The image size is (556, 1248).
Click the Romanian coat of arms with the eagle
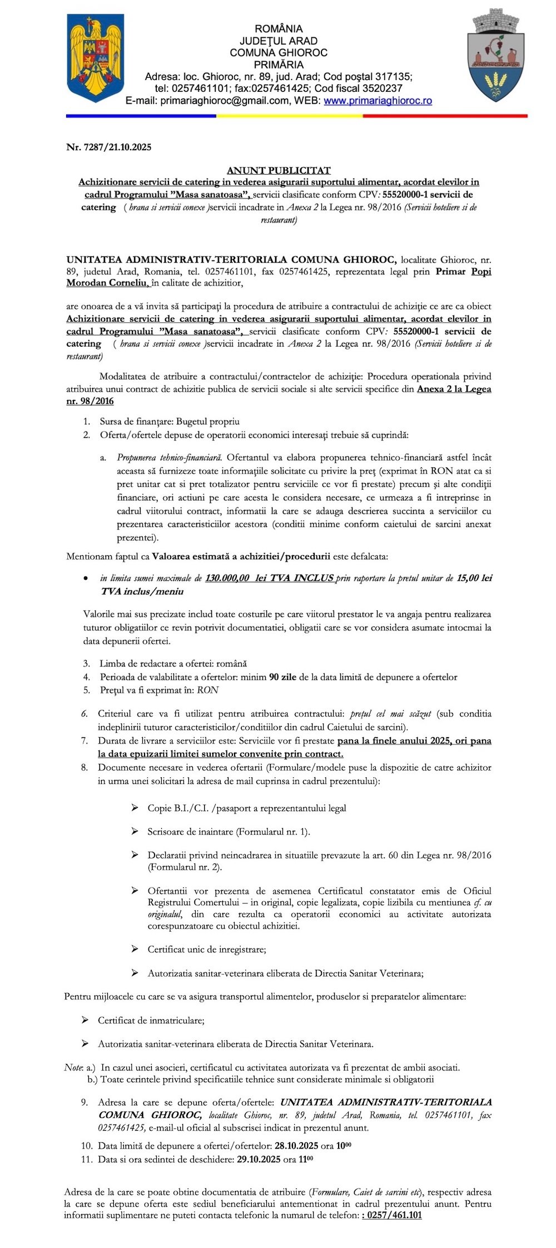click(95, 57)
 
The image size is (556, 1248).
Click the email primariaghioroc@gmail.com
click(225, 101)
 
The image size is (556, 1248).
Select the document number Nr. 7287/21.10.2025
click(108, 147)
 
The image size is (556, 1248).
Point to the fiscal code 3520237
click(380, 88)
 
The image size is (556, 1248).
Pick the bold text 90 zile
click(282, 677)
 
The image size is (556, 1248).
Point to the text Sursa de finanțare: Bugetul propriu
click(170, 422)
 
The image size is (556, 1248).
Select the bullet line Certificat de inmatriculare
click(151, 1020)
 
